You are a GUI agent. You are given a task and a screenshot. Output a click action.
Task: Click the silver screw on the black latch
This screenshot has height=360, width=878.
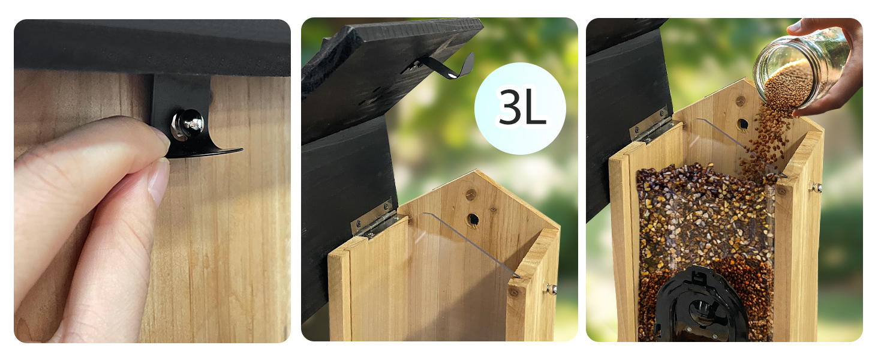[x=188, y=124]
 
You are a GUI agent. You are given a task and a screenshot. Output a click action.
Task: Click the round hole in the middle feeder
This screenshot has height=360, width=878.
[x=473, y=219]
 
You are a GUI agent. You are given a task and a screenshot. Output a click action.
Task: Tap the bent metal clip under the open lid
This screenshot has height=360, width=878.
[x=439, y=66]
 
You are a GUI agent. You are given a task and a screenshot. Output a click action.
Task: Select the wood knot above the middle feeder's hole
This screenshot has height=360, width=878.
[x=470, y=194]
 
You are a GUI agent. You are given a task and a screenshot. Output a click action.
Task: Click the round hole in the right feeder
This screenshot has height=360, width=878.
[x=742, y=124]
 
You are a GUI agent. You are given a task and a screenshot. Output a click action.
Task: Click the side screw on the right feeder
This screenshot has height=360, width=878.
[x=817, y=188]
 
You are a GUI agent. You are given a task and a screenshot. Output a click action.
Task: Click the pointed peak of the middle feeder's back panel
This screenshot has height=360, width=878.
[x=475, y=170]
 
